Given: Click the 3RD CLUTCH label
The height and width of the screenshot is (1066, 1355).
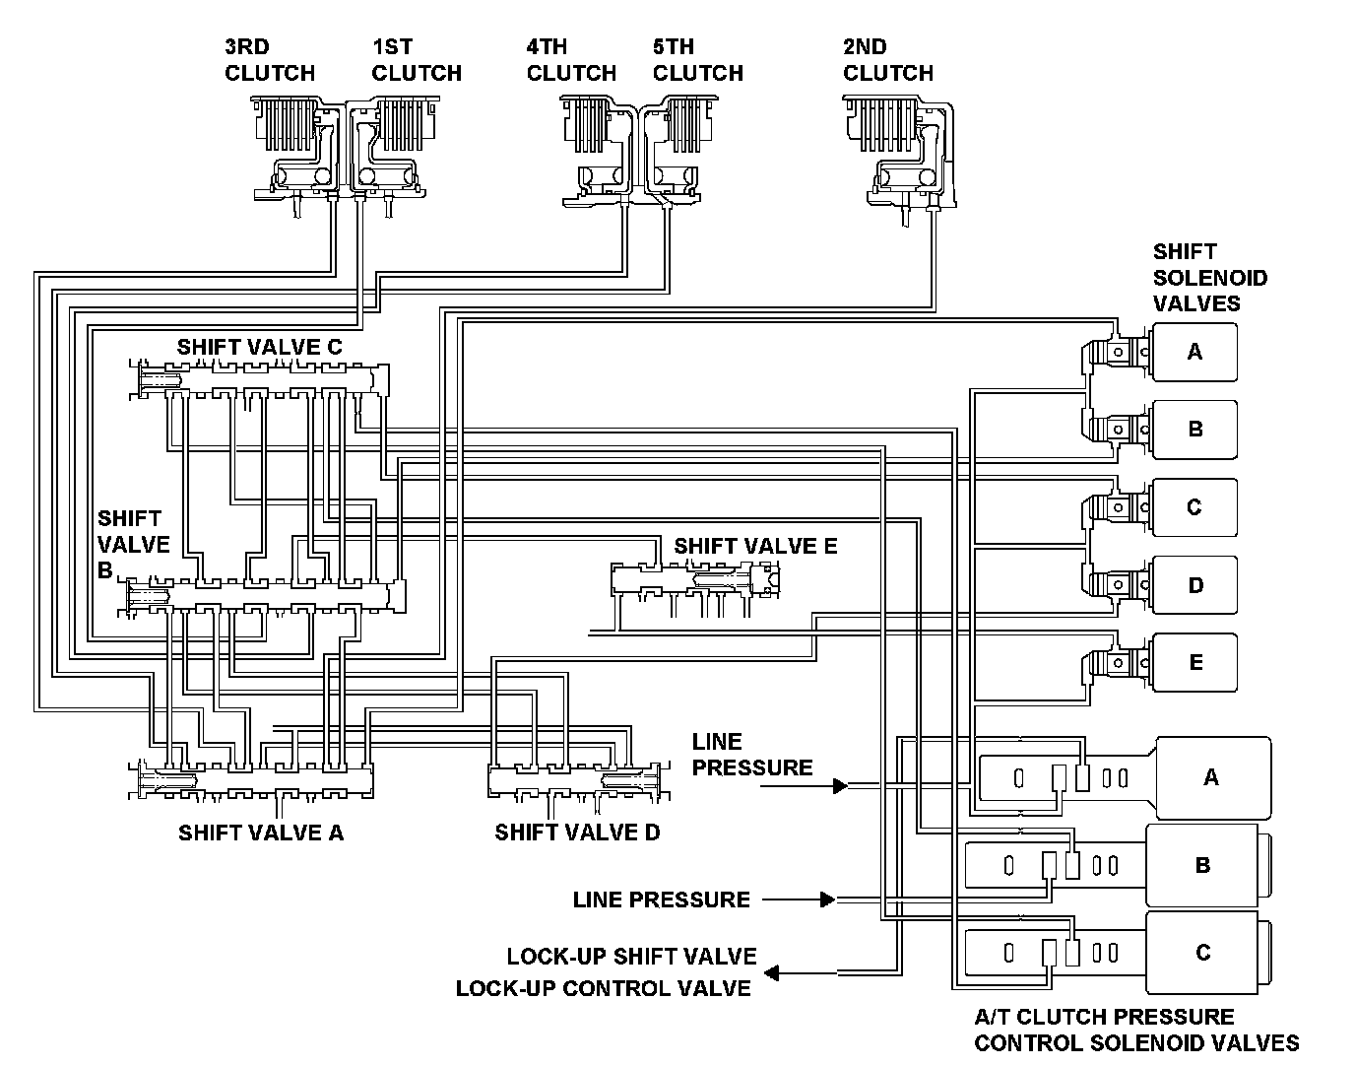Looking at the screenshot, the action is pos(270,60).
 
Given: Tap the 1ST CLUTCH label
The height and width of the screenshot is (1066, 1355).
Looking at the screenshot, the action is pos(417,60).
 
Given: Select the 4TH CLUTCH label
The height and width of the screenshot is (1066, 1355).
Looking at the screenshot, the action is pos(571,60).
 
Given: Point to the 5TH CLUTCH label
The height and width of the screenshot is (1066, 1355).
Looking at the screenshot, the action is pos(697,60).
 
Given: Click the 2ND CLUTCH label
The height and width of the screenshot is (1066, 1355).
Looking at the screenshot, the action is pos(888,60).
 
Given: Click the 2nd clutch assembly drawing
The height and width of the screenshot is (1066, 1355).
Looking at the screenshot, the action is pos(899,158).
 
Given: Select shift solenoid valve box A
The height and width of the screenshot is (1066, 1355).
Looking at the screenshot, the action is pos(1194,352).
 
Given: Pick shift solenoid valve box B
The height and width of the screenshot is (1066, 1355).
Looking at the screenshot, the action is pos(1194,430).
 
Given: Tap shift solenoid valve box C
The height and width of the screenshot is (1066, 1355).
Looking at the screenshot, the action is pos(1194,507).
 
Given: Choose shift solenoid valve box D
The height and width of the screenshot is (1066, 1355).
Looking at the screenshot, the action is pos(1194,585).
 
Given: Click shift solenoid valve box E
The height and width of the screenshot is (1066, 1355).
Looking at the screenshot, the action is pos(1194,663).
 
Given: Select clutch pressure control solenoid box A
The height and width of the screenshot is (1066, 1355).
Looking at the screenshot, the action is pos(1213,778).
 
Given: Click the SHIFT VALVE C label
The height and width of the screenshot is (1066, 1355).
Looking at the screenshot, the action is pos(259,347).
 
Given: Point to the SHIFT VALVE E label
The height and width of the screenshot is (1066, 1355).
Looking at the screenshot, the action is pos(755,546).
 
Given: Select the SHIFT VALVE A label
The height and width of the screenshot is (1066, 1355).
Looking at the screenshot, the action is pos(261,833).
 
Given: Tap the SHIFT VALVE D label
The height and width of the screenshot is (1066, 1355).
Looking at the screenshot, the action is pos(577,833).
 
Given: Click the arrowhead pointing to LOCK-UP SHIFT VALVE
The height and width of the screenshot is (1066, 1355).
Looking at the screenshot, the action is pos(772,972).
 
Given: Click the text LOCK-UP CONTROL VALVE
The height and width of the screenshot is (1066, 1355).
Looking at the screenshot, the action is pos(604,988).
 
